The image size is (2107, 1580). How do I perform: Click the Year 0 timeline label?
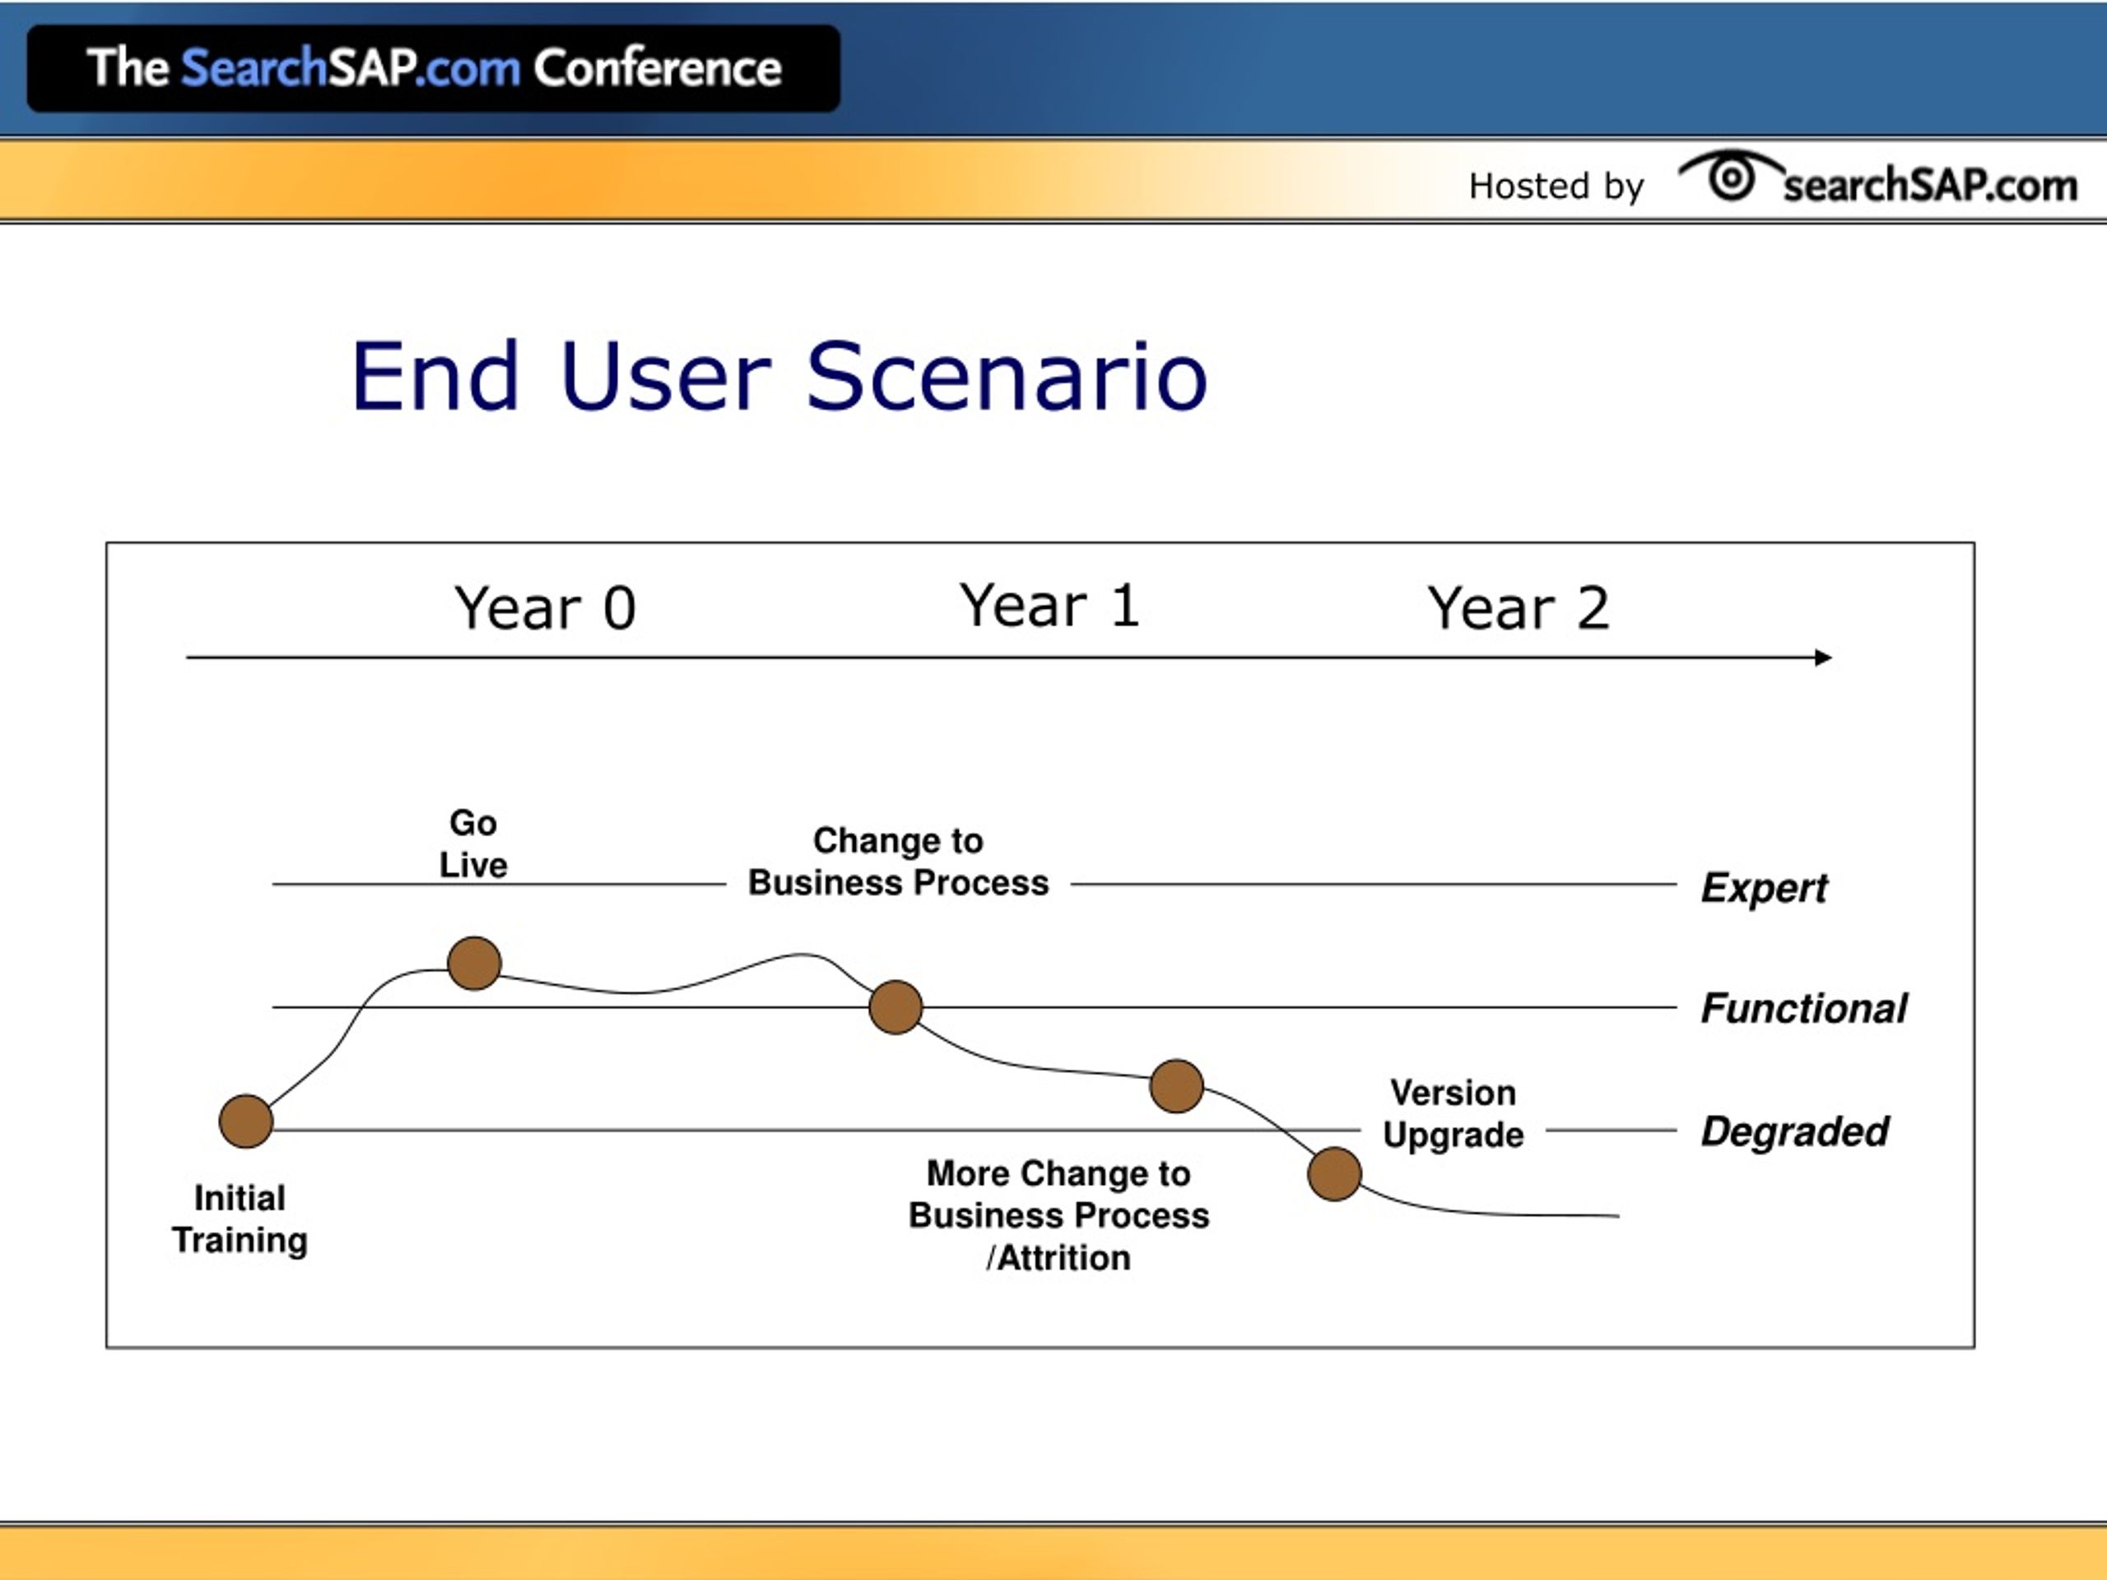pyautogui.click(x=545, y=607)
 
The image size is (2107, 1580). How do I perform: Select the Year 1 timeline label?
pyautogui.click(x=1049, y=605)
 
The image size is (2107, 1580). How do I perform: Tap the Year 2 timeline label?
pyautogui.click(x=1519, y=607)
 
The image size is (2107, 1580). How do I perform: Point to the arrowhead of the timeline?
pyautogui.click(x=1823, y=658)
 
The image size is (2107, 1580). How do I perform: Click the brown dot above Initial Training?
pyautogui.click(x=246, y=1121)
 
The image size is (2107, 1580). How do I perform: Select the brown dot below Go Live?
pyautogui.click(x=474, y=963)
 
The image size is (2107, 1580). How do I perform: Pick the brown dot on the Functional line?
pyautogui.click(x=895, y=1006)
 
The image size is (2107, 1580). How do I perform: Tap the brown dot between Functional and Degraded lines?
pyautogui.click(x=1176, y=1085)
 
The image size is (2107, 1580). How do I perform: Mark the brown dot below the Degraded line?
pyautogui.click(x=1334, y=1173)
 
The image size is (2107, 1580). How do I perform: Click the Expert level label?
pyautogui.click(x=1764, y=888)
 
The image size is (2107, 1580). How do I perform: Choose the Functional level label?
pyautogui.click(x=1804, y=1007)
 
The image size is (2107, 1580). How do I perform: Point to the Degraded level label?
pyautogui.click(x=1794, y=1132)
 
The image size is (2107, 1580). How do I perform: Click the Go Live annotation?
pyautogui.click(x=473, y=843)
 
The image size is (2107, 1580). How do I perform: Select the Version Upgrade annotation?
pyautogui.click(x=1454, y=1113)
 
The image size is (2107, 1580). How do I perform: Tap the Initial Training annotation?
pyautogui.click(x=239, y=1219)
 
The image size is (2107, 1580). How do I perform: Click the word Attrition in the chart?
pyautogui.click(x=1063, y=1258)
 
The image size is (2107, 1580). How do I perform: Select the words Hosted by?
pyautogui.click(x=1556, y=186)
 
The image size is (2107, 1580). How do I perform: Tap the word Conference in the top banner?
pyautogui.click(x=658, y=68)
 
